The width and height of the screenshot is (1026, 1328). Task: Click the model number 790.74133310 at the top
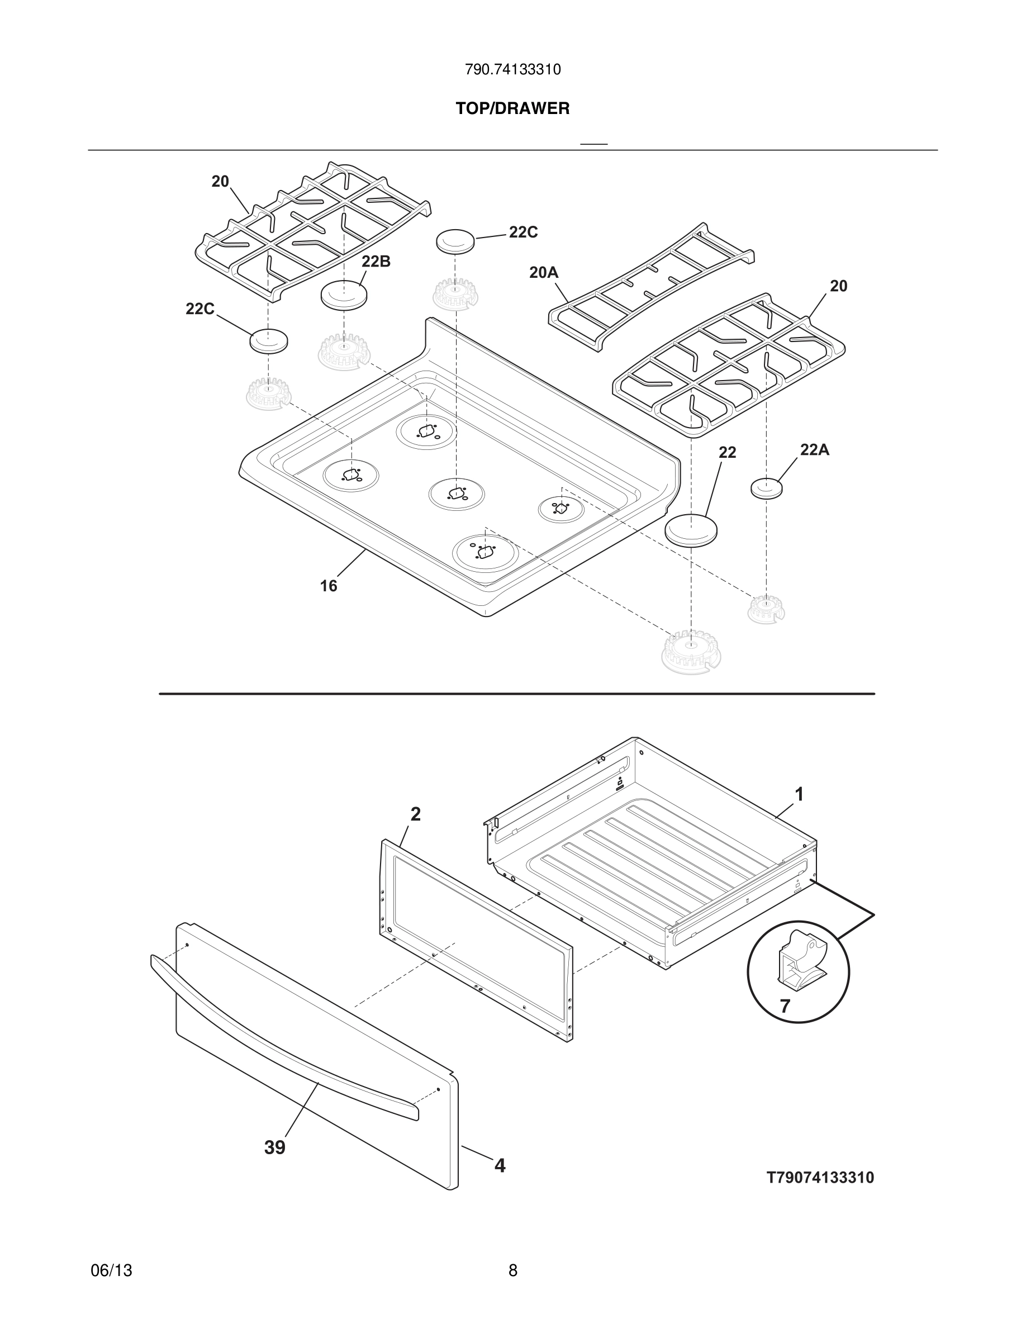click(x=512, y=70)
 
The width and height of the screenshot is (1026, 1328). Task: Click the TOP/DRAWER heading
click(x=512, y=109)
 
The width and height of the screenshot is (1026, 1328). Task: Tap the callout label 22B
click(x=376, y=262)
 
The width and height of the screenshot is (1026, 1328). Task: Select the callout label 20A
click(x=543, y=272)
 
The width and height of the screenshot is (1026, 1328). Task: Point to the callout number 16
click(x=328, y=586)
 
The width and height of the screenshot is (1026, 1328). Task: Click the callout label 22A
click(x=814, y=450)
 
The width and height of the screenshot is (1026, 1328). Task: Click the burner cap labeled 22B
click(x=344, y=296)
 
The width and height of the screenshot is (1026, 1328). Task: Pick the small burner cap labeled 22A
click(x=767, y=488)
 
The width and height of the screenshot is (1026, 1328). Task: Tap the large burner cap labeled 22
click(x=691, y=530)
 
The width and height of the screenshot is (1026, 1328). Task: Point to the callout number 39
click(x=275, y=1148)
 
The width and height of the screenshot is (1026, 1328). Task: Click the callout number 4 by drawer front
click(x=500, y=1166)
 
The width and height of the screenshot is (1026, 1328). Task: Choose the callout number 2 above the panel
click(x=415, y=814)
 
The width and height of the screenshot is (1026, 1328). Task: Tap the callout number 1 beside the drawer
click(x=799, y=794)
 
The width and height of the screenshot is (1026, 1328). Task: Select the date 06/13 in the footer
click(x=111, y=1270)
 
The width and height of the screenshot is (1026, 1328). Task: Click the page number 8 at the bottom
click(x=512, y=1270)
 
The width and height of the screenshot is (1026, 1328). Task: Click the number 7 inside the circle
click(x=785, y=1006)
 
